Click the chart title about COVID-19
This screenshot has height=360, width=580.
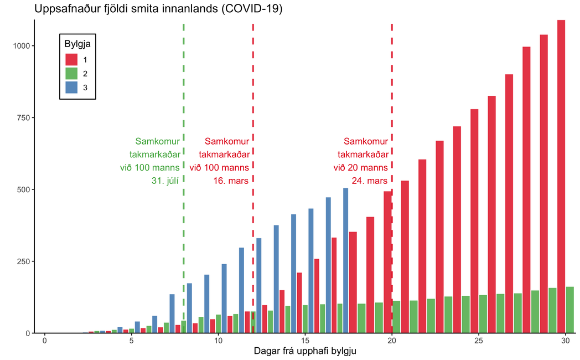pyautogui.click(x=158, y=9)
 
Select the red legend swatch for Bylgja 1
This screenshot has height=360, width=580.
pyautogui.click(x=71, y=59)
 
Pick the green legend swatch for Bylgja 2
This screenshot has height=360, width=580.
pyautogui.click(x=71, y=73)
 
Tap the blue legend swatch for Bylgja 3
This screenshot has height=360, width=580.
pyautogui.click(x=71, y=87)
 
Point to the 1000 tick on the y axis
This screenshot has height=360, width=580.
pyautogui.click(x=22, y=46)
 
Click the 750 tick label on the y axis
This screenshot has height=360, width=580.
pyautogui.click(x=24, y=117)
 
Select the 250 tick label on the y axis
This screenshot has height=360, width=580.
pyautogui.click(x=24, y=261)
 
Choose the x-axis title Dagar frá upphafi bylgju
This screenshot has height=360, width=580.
pyautogui.click(x=305, y=351)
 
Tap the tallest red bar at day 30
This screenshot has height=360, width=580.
pyautogui.click(x=561, y=177)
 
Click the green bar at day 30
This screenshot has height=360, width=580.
pyautogui.click(x=570, y=310)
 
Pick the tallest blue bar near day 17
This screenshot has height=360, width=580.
pyautogui.click(x=345, y=260)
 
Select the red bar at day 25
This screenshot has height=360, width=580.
pyautogui.click(x=474, y=222)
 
